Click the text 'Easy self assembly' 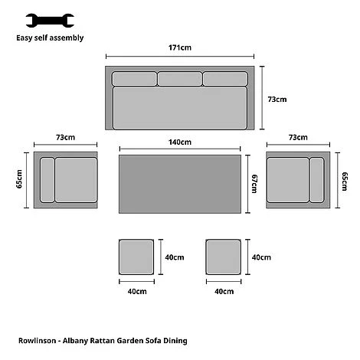50,37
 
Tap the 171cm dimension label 180,47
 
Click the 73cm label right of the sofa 277,100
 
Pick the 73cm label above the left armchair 65,137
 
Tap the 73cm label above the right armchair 296,137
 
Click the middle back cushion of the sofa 180,79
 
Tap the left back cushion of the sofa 134,79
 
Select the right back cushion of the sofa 225,79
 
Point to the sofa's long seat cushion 180,108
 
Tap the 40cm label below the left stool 137,292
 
